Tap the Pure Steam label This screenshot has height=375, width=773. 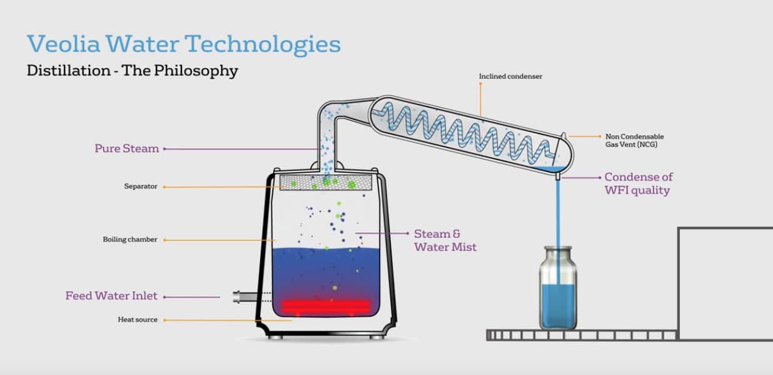[x=126, y=148]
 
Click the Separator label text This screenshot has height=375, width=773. [x=141, y=187]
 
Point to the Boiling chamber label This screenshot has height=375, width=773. [x=130, y=239]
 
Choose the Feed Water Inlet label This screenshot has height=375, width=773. [x=111, y=296]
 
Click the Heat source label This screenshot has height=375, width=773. [x=138, y=320]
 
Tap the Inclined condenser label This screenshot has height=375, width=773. [x=510, y=76]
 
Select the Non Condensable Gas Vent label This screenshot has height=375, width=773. [x=634, y=140]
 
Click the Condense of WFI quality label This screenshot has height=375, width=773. [x=638, y=183]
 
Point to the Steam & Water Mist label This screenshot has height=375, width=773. [x=445, y=240]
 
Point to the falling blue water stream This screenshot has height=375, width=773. [x=558, y=213]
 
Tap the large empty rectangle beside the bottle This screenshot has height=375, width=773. [x=725, y=283]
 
